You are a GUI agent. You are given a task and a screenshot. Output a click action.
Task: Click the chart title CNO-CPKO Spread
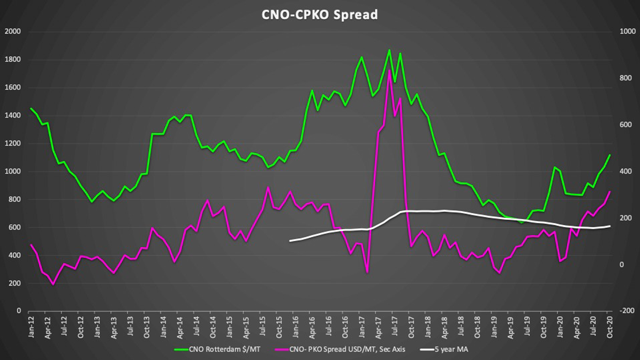[319, 15]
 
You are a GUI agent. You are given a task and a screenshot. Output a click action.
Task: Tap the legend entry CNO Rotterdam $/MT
[224, 349]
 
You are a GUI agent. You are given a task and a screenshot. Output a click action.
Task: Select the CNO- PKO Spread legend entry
[347, 349]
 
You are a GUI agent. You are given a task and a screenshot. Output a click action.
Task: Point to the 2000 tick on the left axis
[13, 32]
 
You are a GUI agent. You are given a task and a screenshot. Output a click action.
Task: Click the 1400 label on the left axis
[13, 115]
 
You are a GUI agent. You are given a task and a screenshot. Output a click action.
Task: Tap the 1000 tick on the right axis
[627, 32]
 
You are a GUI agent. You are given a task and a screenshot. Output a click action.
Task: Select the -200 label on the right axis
[627, 311]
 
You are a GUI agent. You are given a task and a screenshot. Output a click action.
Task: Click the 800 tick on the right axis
[626, 78]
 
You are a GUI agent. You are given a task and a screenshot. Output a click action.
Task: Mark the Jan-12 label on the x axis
[31, 327]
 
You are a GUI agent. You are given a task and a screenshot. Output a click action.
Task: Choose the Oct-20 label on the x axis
[610, 327]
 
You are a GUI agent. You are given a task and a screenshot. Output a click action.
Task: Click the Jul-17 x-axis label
[395, 327]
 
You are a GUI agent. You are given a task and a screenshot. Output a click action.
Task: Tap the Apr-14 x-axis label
[180, 327]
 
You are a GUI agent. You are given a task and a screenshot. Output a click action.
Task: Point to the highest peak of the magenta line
[389, 71]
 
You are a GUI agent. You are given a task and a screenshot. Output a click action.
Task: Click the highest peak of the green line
[389, 50]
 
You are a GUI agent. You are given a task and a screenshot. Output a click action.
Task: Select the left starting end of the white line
[290, 241]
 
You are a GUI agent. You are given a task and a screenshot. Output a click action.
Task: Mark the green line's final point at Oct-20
[610, 155]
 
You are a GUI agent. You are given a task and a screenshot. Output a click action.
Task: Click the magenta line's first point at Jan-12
[31, 245]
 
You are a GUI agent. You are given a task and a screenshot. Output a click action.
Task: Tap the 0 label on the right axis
[622, 265]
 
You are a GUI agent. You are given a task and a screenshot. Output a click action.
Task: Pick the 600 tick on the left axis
[14, 227]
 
